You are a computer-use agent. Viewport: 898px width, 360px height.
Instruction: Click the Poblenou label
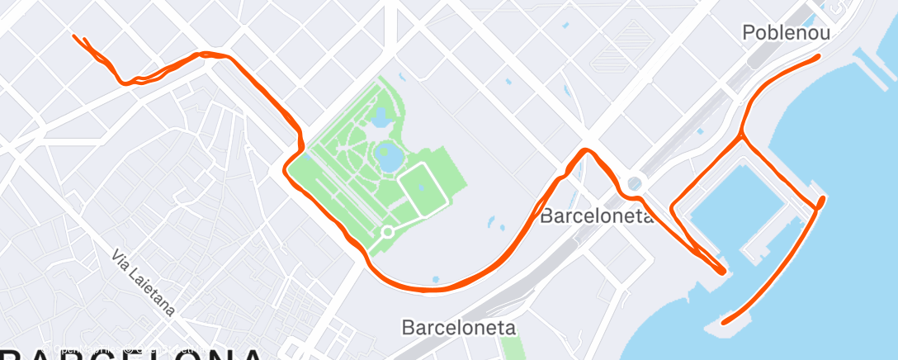click(x=785, y=33)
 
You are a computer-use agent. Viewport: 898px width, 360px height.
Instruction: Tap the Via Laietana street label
click(x=145, y=281)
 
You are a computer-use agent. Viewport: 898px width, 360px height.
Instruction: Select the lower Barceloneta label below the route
click(x=459, y=327)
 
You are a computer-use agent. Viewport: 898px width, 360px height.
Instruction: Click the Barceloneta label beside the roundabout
click(x=597, y=217)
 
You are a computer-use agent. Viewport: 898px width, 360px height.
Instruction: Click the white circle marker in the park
click(x=386, y=232)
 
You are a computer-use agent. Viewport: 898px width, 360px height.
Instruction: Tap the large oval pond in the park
click(x=385, y=154)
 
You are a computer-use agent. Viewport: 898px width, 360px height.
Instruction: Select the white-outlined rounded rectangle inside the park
click(x=424, y=187)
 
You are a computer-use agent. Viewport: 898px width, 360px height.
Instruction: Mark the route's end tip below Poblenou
click(x=817, y=57)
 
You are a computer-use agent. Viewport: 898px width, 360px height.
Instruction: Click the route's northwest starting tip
click(x=75, y=36)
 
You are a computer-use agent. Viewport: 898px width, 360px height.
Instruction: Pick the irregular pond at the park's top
click(x=381, y=118)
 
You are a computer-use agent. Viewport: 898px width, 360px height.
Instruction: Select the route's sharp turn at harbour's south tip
click(x=723, y=270)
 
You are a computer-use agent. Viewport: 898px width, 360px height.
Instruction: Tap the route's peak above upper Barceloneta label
click(x=586, y=150)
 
